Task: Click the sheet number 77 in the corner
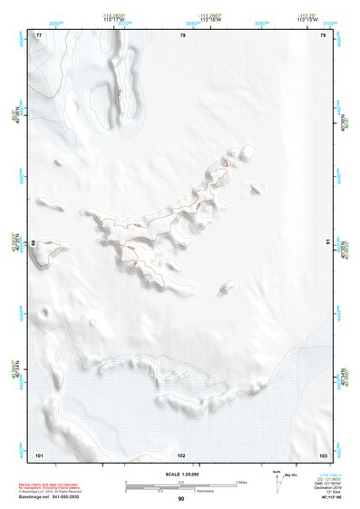pyautogui.click(x=38, y=35)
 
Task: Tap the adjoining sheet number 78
pyautogui.click(x=182, y=35)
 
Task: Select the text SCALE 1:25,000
pyautogui.click(x=180, y=475)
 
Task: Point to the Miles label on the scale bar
pyautogui.click(x=239, y=481)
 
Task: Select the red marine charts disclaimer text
pyautogui.click(x=54, y=486)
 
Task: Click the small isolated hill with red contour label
pyautogui.click(x=224, y=288)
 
